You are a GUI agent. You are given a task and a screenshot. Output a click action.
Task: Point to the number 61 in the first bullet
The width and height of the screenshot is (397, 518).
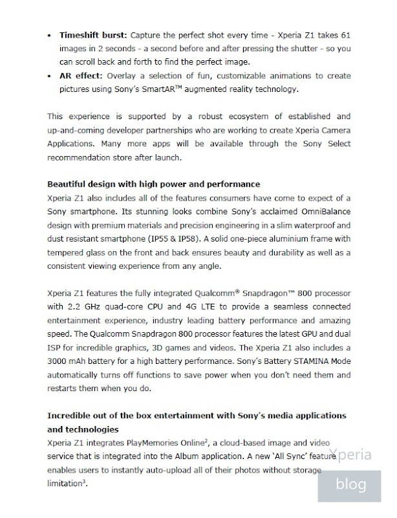tap(345, 34)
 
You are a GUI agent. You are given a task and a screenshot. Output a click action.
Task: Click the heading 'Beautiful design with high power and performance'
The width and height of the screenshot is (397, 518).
tap(154, 184)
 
